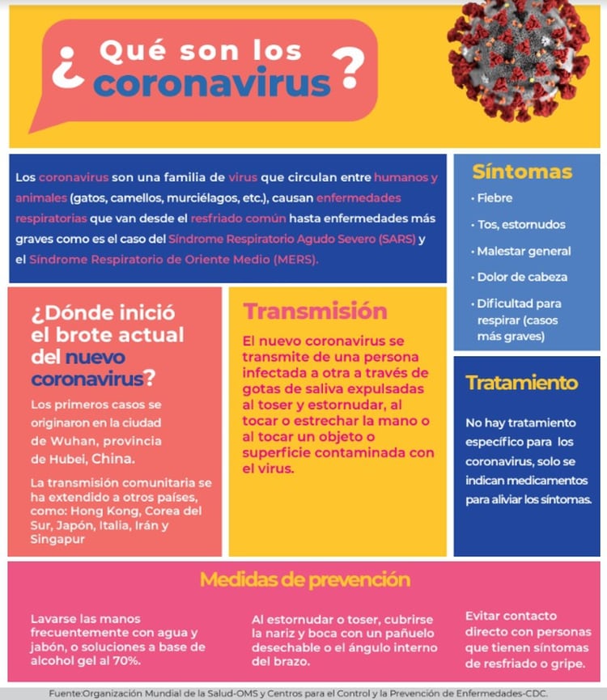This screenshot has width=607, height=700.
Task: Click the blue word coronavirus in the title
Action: (x=212, y=83)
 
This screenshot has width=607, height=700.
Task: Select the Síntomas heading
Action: (x=522, y=172)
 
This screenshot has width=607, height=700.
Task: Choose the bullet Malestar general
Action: (x=524, y=251)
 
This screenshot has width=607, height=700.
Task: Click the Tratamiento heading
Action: (x=522, y=382)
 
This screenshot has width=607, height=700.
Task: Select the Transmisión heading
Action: (x=316, y=312)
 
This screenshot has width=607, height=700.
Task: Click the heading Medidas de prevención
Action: (x=304, y=579)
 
